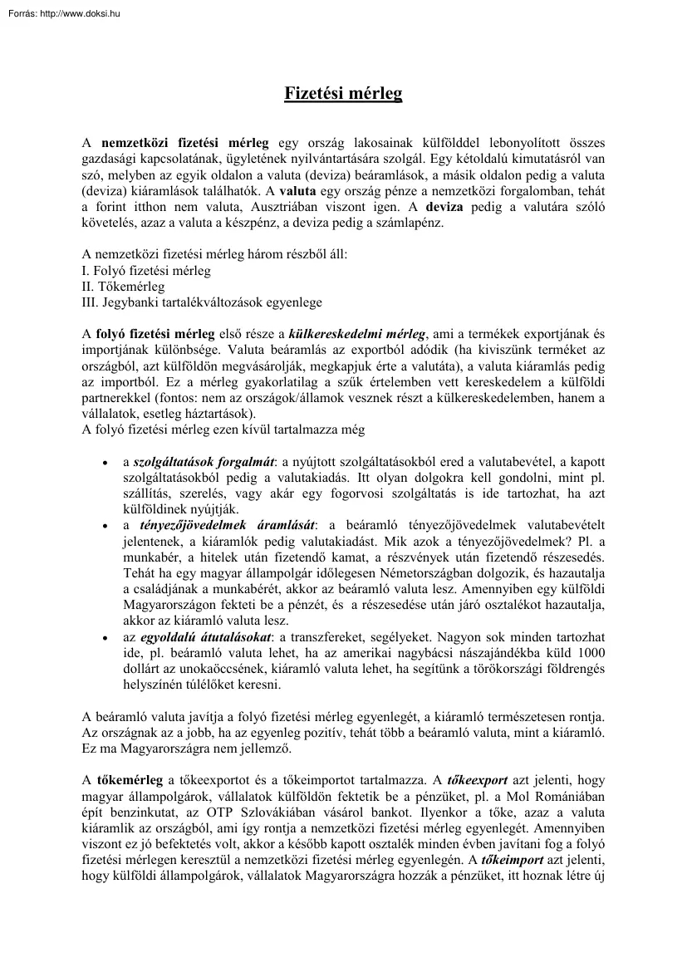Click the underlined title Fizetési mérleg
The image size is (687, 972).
click(343, 93)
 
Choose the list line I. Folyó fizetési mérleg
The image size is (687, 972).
click(146, 271)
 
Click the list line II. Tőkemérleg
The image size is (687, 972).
click(123, 287)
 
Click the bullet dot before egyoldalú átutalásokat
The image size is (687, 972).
click(103, 638)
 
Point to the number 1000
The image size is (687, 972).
click(590, 653)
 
